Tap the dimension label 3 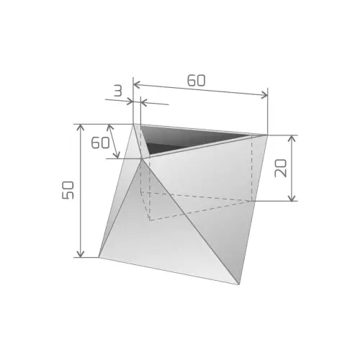117,91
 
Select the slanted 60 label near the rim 99,142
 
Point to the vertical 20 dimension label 282,168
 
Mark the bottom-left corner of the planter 99,257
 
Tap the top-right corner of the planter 268,135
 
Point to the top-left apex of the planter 133,124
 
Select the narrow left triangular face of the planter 119,209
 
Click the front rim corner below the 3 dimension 142,158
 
